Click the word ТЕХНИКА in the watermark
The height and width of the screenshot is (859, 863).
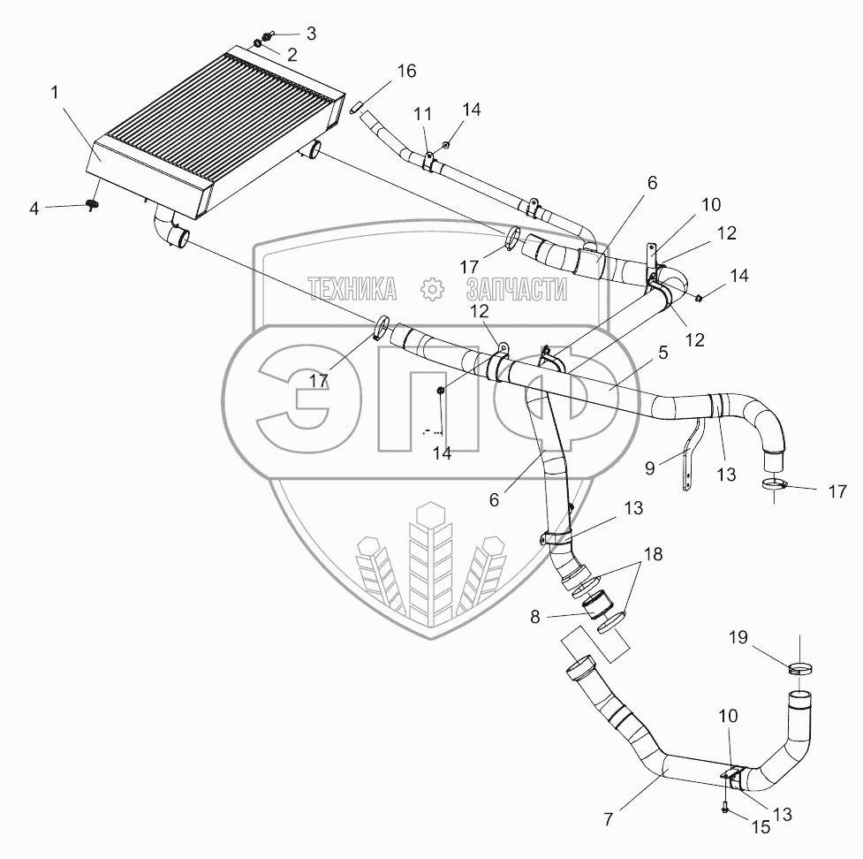[351, 288]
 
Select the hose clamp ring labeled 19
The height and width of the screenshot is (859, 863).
[801, 669]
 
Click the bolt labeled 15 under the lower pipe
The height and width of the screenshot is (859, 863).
[725, 808]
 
